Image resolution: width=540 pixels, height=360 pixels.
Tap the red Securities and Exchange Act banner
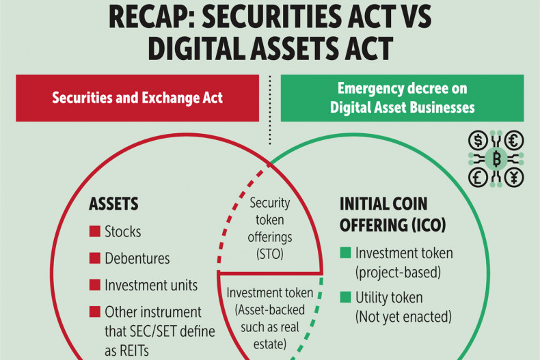pyautogui.click(x=137, y=98)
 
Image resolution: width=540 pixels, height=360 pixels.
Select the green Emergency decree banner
pyautogui.click(x=402, y=98)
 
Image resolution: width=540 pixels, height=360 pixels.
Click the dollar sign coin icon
pyautogui.click(x=478, y=141)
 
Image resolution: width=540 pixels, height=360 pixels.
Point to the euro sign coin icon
pyautogui.click(x=514, y=141)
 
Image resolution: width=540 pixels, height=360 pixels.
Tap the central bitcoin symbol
pyautogui.click(x=496, y=159)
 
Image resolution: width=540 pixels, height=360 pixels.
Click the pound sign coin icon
pyautogui.click(x=478, y=178)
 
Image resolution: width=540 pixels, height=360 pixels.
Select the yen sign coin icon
pyautogui.click(x=514, y=178)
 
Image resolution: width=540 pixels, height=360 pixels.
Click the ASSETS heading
pyautogui.click(x=113, y=204)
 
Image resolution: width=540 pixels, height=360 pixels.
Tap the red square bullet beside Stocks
pyautogui.click(x=95, y=232)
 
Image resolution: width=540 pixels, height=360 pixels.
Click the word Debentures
pyautogui.click(x=137, y=258)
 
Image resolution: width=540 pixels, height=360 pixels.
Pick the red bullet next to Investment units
pyautogui.click(x=95, y=285)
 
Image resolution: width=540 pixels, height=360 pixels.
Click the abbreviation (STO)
pyautogui.click(x=269, y=254)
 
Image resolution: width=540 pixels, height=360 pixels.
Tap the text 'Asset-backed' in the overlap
pyautogui.click(x=270, y=310)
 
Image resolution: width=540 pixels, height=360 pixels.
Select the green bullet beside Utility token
pyautogui.click(x=345, y=296)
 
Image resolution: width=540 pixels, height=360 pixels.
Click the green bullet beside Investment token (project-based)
pyautogui.click(x=345, y=253)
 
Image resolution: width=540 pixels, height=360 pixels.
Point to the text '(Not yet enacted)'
pyautogui.click(x=403, y=317)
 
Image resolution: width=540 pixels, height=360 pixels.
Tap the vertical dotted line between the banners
pyautogui.click(x=270, y=110)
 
